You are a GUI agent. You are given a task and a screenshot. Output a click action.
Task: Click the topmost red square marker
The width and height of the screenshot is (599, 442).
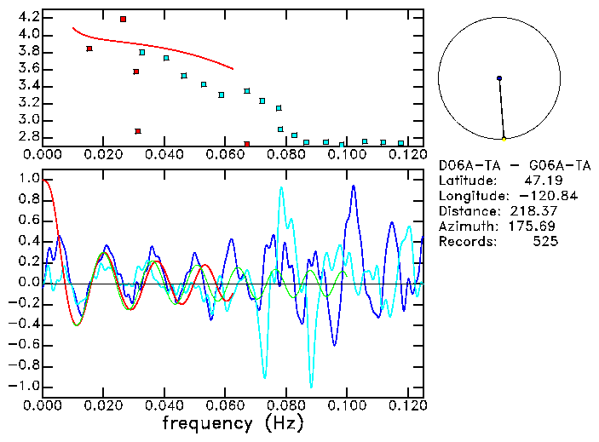pos(123,19)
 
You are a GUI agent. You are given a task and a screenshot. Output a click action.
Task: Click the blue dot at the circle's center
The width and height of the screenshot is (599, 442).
pos(499,78)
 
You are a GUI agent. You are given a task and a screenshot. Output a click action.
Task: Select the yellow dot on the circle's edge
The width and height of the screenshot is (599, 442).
pos(504,138)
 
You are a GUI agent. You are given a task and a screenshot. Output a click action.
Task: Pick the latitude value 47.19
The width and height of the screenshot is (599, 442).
pos(541,181)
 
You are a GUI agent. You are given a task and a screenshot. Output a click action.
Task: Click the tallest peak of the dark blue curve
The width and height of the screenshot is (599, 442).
pos(353,187)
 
